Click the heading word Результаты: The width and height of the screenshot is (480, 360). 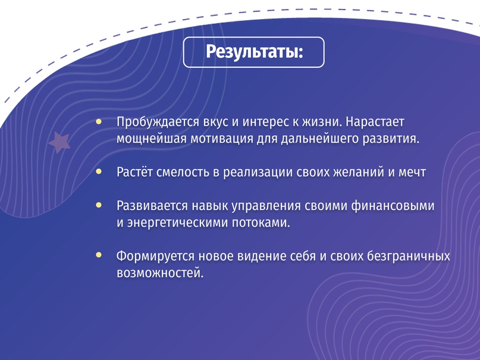point(254,52)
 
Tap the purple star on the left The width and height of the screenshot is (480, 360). point(59,142)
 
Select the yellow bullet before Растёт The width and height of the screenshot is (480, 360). point(99,172)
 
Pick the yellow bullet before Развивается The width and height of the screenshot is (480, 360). point(99,205)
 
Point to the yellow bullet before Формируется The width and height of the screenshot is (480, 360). point(99,255)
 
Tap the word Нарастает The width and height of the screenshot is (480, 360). point(375,122)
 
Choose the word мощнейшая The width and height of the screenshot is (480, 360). point(146,139)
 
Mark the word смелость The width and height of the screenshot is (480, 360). point(181,173)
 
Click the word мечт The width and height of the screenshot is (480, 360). point(413,173)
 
